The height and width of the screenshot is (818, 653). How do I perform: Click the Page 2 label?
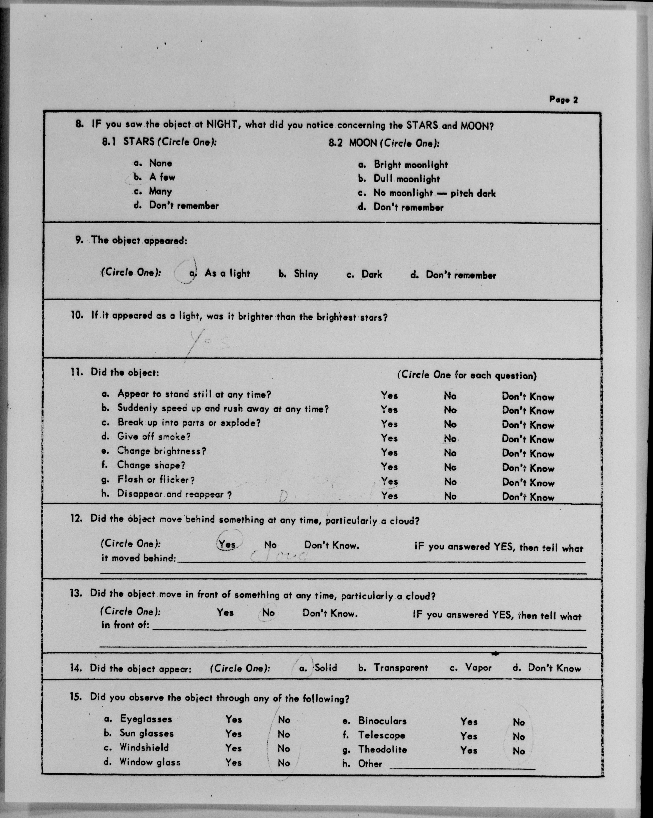[563, 100]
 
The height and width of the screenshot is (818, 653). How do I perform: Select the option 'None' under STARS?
[160, 163]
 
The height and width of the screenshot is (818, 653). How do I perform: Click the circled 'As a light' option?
[227, 273]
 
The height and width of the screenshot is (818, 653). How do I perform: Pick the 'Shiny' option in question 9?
[306, 274]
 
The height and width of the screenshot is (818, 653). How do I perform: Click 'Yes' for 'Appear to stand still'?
[389, 395]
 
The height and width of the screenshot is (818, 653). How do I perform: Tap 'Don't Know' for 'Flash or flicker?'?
[528, 483]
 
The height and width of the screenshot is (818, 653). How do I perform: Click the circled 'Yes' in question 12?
[227, 544]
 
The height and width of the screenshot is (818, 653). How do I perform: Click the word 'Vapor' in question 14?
[478, 668]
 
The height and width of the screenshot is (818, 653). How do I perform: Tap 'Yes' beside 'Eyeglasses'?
[233, 719]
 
